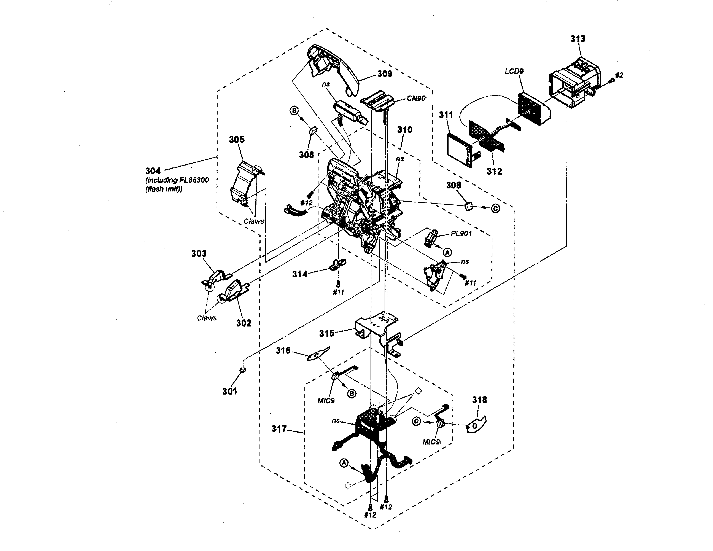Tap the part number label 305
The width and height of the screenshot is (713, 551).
(x=237, y=139)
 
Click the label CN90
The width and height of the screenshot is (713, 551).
(x=416, y=98)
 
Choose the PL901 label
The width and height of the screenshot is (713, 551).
(x=461, y=234)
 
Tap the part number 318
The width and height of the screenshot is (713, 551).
(x=479, y=400)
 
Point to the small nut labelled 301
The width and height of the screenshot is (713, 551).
(x=243, y=370)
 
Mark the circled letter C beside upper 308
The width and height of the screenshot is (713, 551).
(x=495, y=208)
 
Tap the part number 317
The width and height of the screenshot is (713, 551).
(x=279, y=429)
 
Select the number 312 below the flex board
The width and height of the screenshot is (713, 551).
(x=494, y=171)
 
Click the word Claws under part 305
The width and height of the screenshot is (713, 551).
(x=254, y=221)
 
